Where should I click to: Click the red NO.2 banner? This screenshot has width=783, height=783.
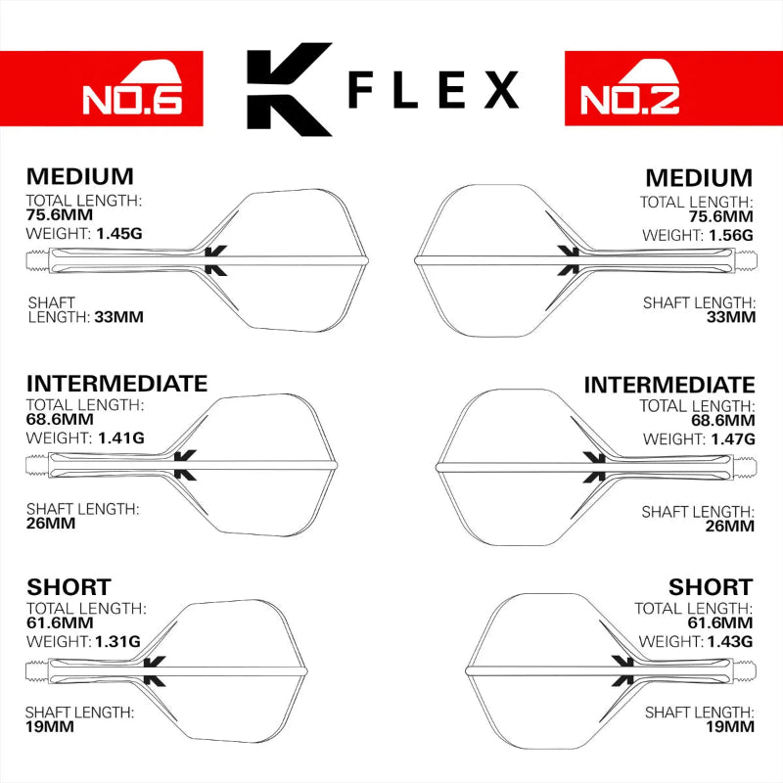[673, 88]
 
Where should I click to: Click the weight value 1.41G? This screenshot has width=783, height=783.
[120, 438]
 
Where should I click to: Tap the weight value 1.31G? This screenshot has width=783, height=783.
[118, 641]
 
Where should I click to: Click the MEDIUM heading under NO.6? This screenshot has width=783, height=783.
[80, 177]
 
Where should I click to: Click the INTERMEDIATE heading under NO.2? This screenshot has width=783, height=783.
[669, 385]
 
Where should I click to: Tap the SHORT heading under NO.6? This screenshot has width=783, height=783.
[69, 587]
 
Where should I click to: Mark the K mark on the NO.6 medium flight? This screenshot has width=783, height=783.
[215, 259]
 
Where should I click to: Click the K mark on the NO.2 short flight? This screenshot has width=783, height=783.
[621, 670]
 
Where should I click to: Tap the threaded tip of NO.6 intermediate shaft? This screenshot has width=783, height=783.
[36, 463]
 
